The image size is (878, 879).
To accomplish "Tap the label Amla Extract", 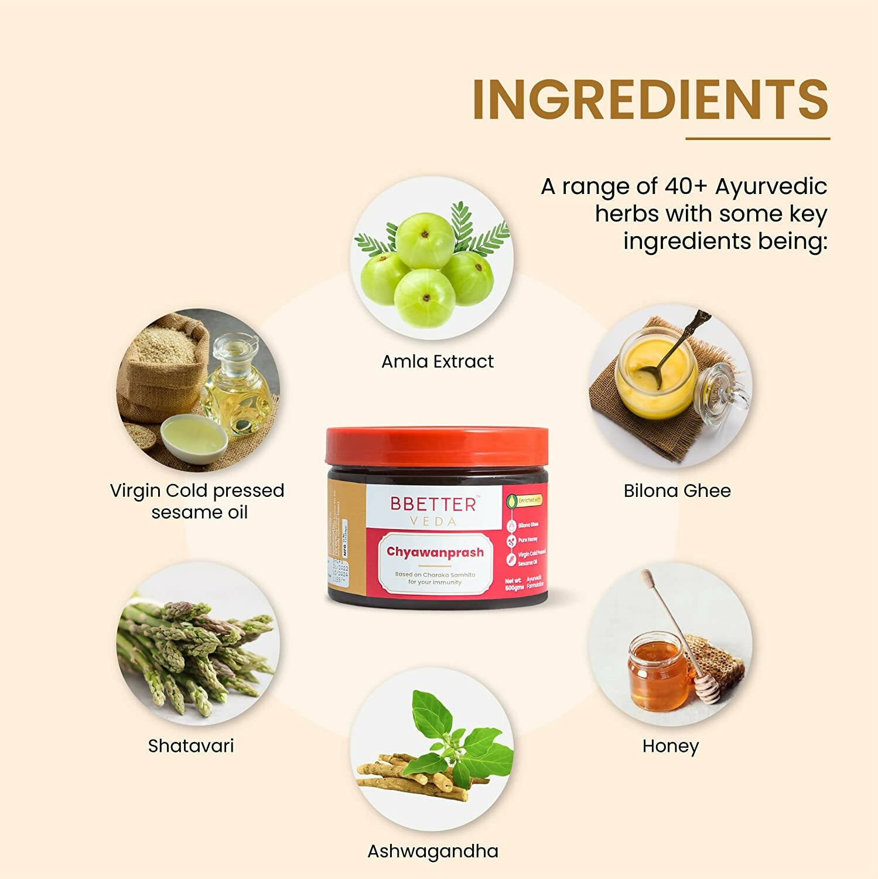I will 438,362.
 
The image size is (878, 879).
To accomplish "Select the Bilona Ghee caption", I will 677,490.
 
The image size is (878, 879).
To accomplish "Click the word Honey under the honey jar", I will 670,746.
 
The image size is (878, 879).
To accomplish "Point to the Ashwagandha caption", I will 432,851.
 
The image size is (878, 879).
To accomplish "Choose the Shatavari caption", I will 191,746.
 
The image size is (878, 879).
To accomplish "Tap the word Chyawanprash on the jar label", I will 435,552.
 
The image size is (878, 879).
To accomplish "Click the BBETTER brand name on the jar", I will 433,504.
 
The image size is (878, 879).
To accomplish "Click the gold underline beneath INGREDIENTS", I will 757,139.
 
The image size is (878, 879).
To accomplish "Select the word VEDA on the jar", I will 433,522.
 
